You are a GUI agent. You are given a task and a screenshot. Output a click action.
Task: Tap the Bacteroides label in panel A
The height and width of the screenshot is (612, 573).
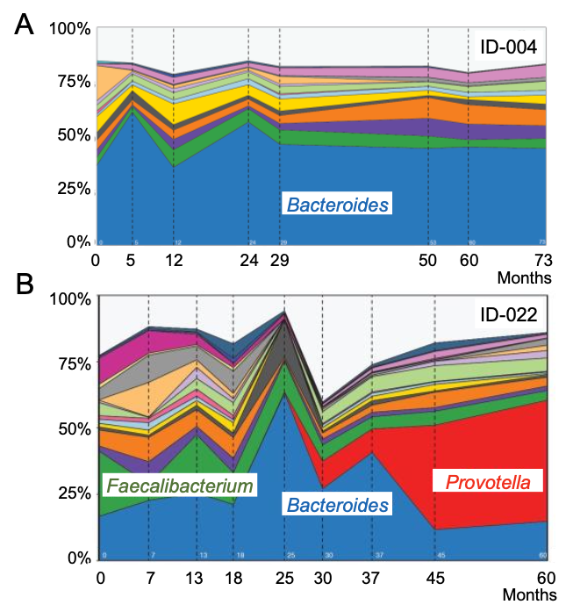(x=338, y=205)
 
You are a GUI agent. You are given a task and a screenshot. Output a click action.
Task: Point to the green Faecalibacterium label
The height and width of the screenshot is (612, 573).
(x=180, y=485)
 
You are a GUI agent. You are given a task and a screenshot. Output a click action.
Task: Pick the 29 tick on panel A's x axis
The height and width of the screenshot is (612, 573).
(x=279, y=261)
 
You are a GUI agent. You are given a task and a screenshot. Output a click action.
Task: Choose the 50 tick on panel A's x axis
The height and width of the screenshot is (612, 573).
(x=427, y=261)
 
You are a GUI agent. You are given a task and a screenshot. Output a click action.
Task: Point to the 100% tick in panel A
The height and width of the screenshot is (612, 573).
(x=69, y=29)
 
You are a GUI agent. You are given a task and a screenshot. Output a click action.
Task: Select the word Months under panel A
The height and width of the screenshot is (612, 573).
(x=525, y=278)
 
